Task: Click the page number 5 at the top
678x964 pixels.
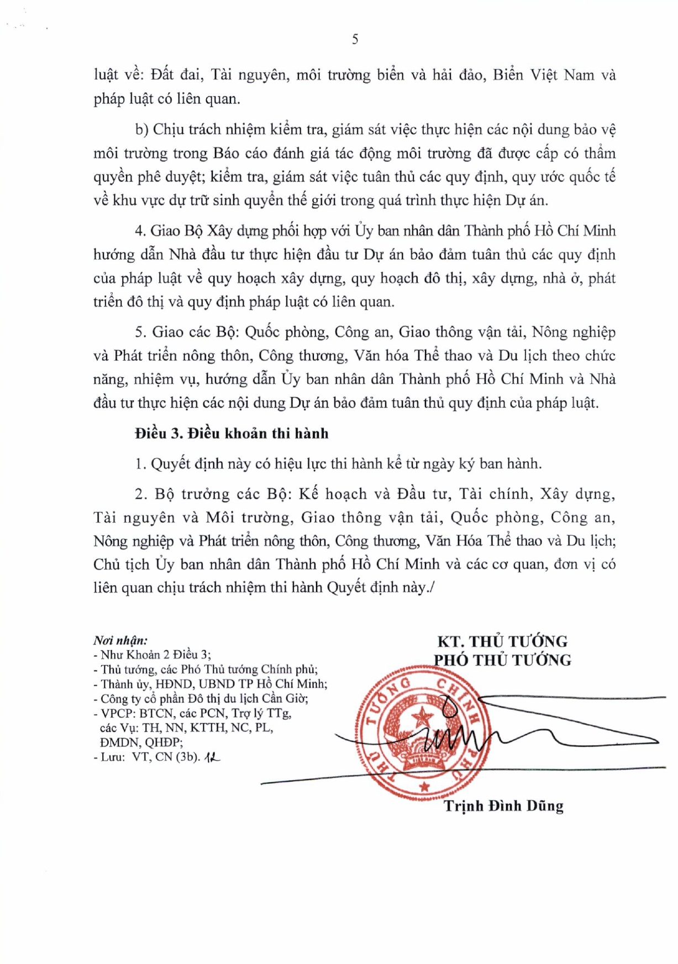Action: (355, 39)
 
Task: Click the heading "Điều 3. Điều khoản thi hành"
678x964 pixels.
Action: (232, 434)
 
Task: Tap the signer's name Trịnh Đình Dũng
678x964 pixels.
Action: (503, 806)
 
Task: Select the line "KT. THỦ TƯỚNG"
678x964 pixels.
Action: (502, 641)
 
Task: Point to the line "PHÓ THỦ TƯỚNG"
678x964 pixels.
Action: (502, 660)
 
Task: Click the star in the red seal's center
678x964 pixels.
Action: (424, 718)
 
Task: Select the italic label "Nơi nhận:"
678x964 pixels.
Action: (120, 641)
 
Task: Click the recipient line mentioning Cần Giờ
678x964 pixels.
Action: (201, 698)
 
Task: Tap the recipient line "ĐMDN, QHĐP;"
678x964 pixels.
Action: (141, 742)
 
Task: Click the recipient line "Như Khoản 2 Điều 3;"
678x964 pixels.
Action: (153, 655)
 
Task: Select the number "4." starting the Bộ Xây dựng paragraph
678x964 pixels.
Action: (140, 231)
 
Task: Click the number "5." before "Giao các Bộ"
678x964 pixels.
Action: (141, 332)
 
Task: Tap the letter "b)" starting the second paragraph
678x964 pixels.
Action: (142, 130)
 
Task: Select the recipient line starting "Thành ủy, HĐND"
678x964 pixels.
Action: (211, 684)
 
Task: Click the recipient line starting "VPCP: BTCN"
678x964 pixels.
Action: (192, 713)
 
